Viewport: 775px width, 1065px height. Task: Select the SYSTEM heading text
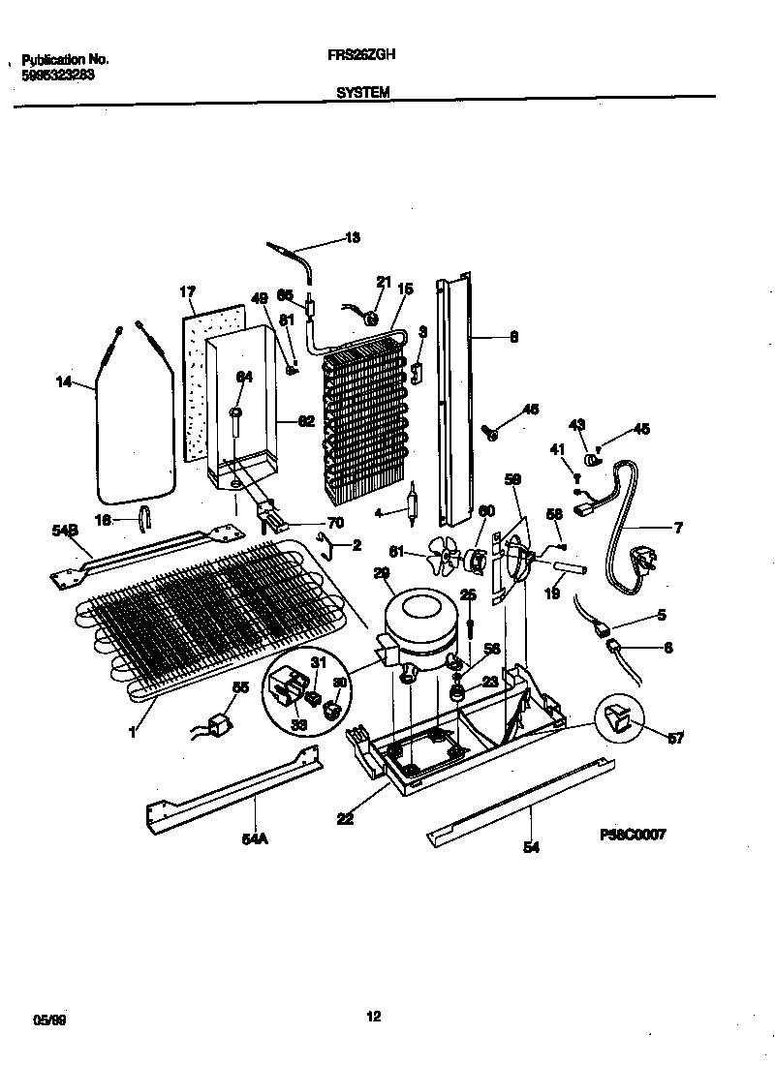click(363, 92)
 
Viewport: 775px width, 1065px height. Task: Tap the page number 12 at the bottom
click(374, 1016)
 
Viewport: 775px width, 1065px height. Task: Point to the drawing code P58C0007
click(632, 835)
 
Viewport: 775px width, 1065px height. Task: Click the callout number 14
click(64, 382)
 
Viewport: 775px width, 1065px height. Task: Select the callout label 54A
click(254, 840)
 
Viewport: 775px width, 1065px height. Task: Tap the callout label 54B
click(64, 531)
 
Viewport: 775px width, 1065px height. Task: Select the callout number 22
click(345, 819)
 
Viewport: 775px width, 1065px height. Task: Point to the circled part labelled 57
click(619, 720)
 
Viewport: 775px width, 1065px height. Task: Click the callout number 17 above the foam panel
click(189, 290)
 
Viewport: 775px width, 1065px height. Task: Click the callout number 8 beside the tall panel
click(513, 338)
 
